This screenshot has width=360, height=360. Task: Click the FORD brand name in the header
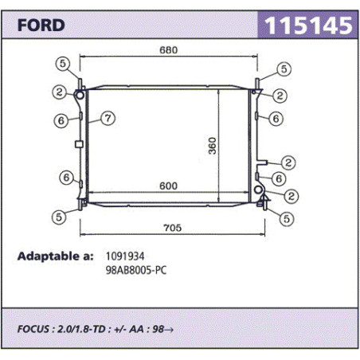(41, 25)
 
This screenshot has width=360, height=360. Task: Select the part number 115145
(308, 25)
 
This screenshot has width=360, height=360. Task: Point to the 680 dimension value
(169, 50)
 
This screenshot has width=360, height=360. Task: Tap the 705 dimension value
(172, 228)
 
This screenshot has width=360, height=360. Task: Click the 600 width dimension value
(168, 186)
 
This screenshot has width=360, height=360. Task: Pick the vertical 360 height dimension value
(213, 146)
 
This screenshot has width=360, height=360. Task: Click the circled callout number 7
(108, 118)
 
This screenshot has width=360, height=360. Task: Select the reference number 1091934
(125, 256)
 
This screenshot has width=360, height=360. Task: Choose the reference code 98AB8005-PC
(136, 270)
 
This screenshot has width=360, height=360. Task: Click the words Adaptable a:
(55, 256)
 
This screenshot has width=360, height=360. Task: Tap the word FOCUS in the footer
(33, 329)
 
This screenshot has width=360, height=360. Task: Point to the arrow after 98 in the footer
(169, 330)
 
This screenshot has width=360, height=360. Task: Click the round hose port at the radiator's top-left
(80, 95)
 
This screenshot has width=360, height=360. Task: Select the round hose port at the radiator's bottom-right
(258, 190)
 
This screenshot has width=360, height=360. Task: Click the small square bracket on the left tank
(79, 144)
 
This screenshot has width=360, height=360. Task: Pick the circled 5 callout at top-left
(63, 64)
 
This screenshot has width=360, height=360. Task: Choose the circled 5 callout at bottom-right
(287, 219)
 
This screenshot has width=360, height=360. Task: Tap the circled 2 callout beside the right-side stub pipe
(288, 162)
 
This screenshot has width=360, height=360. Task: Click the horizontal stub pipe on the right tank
(262, 162)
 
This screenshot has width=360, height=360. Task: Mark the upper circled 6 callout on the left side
(61, 120)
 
